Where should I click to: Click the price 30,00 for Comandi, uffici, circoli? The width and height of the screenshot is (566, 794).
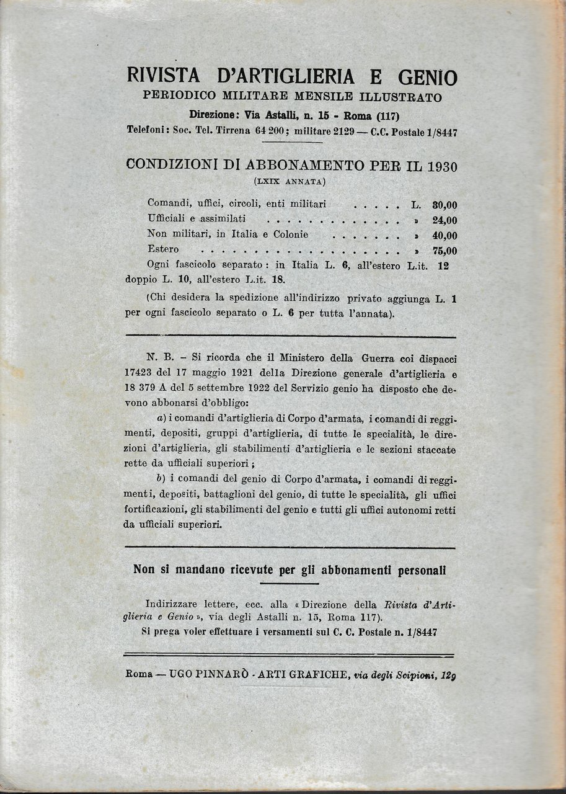pos(444,205)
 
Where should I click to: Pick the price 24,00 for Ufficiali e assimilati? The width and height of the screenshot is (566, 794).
pos(444,220)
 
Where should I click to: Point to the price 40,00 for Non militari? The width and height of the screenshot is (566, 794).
pos(444,235)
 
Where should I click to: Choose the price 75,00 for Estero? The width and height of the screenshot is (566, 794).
pos(444,251)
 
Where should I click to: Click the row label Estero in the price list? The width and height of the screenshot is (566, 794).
pos(164,249)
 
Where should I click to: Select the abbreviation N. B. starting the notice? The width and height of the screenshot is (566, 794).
pos(160,359)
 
